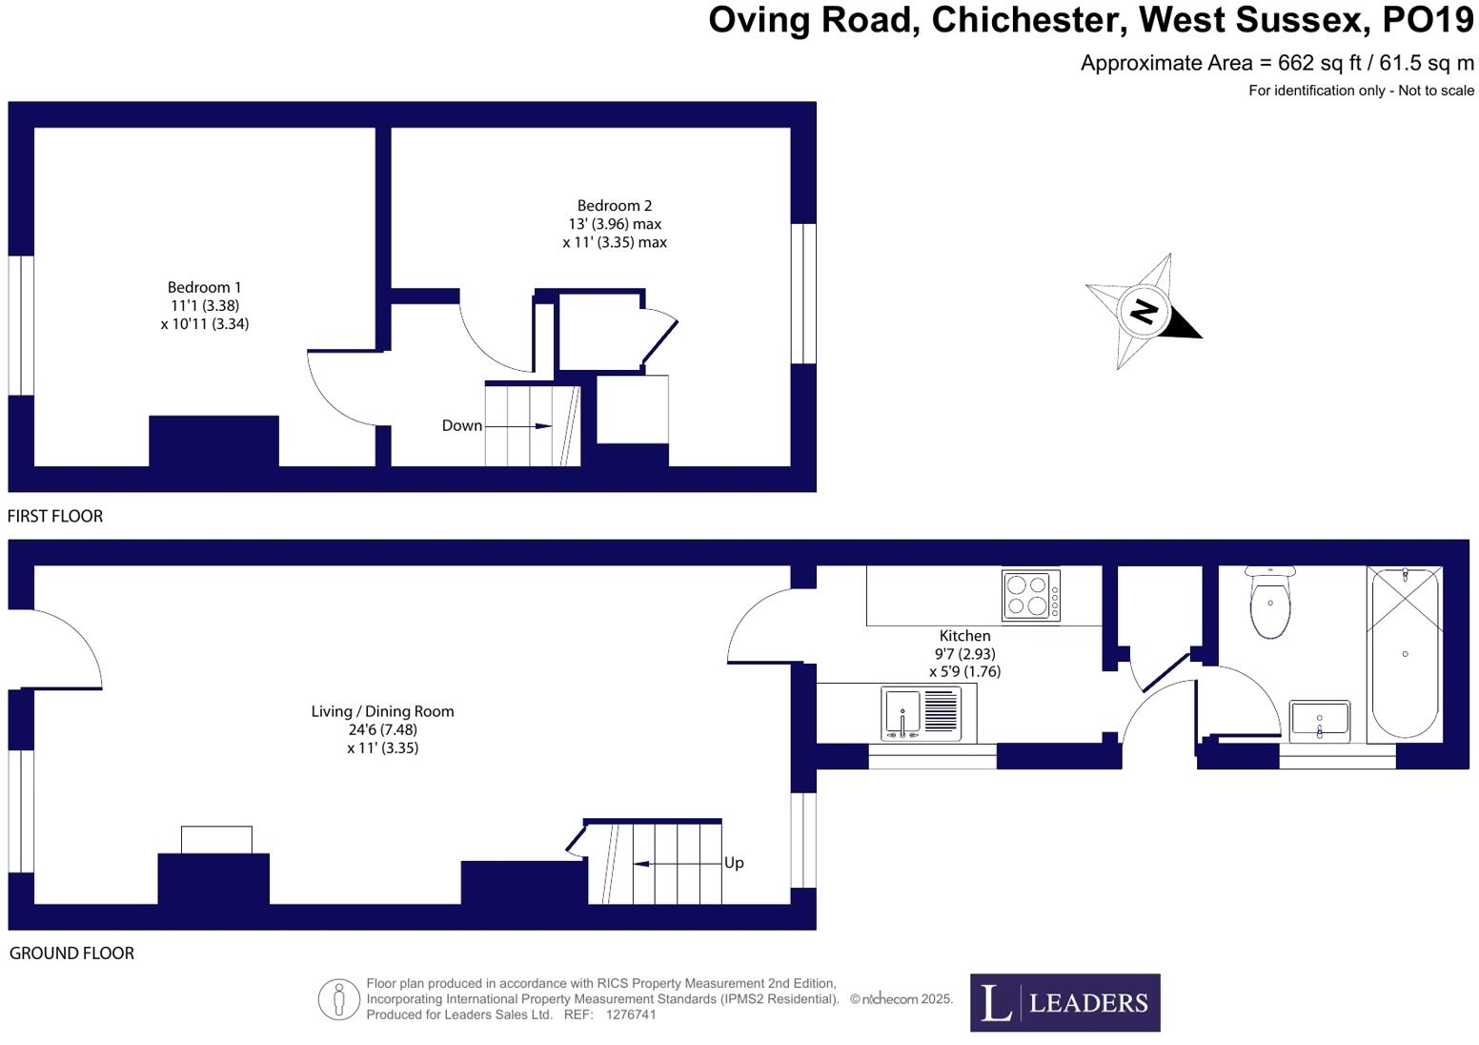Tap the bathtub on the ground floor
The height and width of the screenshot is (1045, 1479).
[x=1405, y=654]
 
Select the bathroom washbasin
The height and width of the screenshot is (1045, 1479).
[x=1320, y=721]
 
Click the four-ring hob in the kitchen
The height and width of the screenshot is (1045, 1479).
[x=1030, y=595]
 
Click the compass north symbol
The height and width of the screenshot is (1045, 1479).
[x=1144, y=311]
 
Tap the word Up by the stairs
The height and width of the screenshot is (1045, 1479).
[x=734, y=863]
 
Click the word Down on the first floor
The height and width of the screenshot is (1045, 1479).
[x=461, y=426]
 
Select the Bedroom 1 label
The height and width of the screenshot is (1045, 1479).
[x=204, y=287]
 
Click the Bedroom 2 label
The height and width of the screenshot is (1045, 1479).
[x=615, y=206]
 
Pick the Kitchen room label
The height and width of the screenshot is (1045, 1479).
[x=964, y=636]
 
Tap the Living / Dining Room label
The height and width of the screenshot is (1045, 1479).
[x=382, y=711]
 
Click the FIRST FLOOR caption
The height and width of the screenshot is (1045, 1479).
[x=55, y=516]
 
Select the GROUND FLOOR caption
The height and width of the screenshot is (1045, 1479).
[x=71, y=953]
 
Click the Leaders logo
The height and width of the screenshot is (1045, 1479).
[x=1064, y=1002]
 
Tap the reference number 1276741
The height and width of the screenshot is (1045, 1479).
[x=630, y=1015]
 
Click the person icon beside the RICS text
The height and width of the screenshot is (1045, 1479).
[x=338, y=999]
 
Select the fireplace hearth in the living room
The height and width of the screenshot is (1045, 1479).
[x=216, y=840]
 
